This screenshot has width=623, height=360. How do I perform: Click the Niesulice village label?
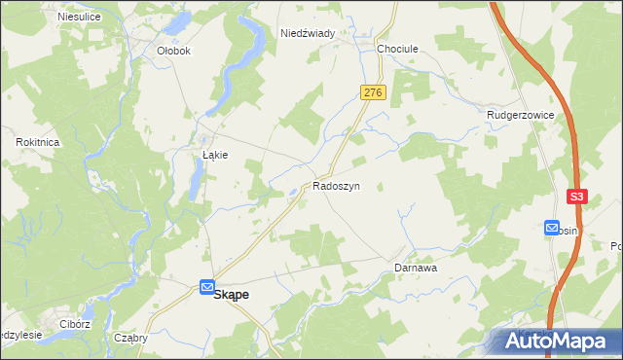(80, 18)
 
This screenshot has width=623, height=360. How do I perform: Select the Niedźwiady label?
(308, 33)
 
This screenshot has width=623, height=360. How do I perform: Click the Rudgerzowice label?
(520, 115)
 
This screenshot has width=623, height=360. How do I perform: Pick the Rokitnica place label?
(39, 142)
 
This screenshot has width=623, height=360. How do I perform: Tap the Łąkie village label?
(214, 155)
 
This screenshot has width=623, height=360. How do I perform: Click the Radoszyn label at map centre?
(337, 185)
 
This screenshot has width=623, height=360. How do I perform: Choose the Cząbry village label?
(129, 339)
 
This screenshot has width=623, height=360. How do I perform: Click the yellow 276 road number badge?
(375, 92)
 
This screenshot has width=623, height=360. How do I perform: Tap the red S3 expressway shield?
(578, 197)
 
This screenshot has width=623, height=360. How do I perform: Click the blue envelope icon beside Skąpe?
(207, 287)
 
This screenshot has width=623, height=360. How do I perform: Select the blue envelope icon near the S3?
(552, 229)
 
